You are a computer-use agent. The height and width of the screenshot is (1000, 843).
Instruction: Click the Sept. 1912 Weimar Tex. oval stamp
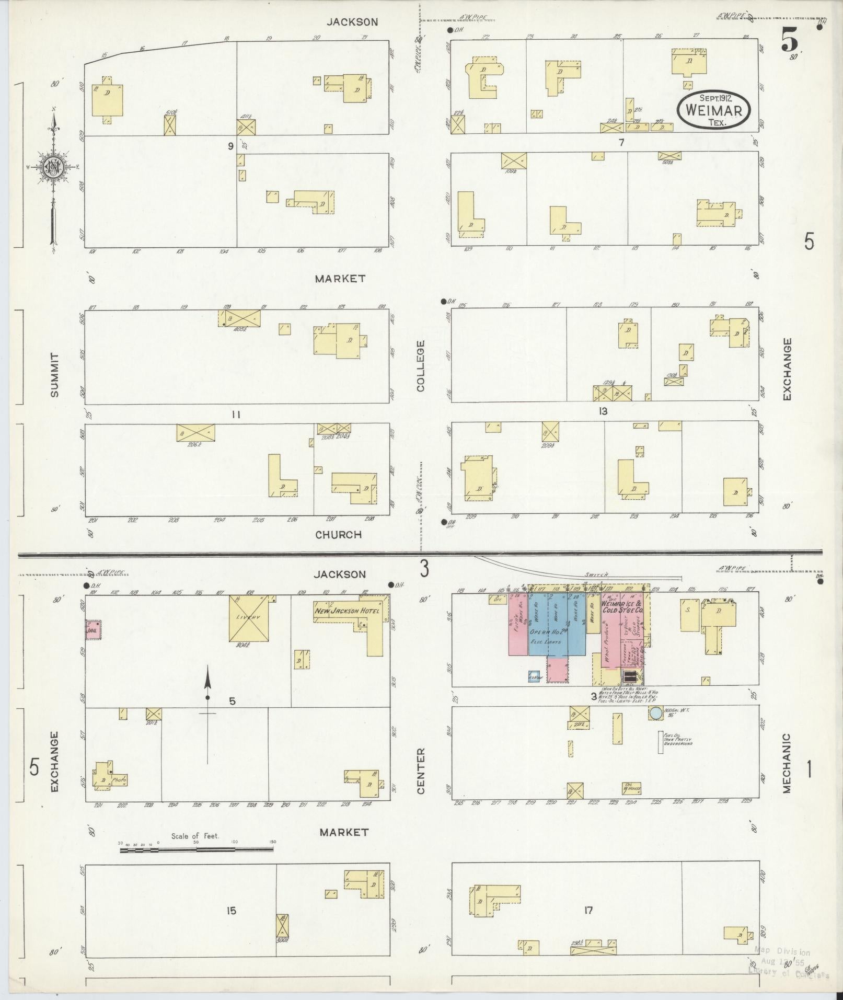tap(713, 110)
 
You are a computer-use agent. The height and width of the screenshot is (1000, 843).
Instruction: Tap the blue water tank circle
tap(654, 712)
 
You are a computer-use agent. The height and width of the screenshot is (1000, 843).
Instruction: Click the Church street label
tap(339, 535)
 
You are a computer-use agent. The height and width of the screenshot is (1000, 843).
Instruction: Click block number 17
tap(589, 911)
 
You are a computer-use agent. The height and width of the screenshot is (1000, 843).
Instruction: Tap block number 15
tap(232, 911)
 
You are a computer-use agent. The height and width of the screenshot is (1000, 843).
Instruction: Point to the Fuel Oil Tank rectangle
tap(661, 742)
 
